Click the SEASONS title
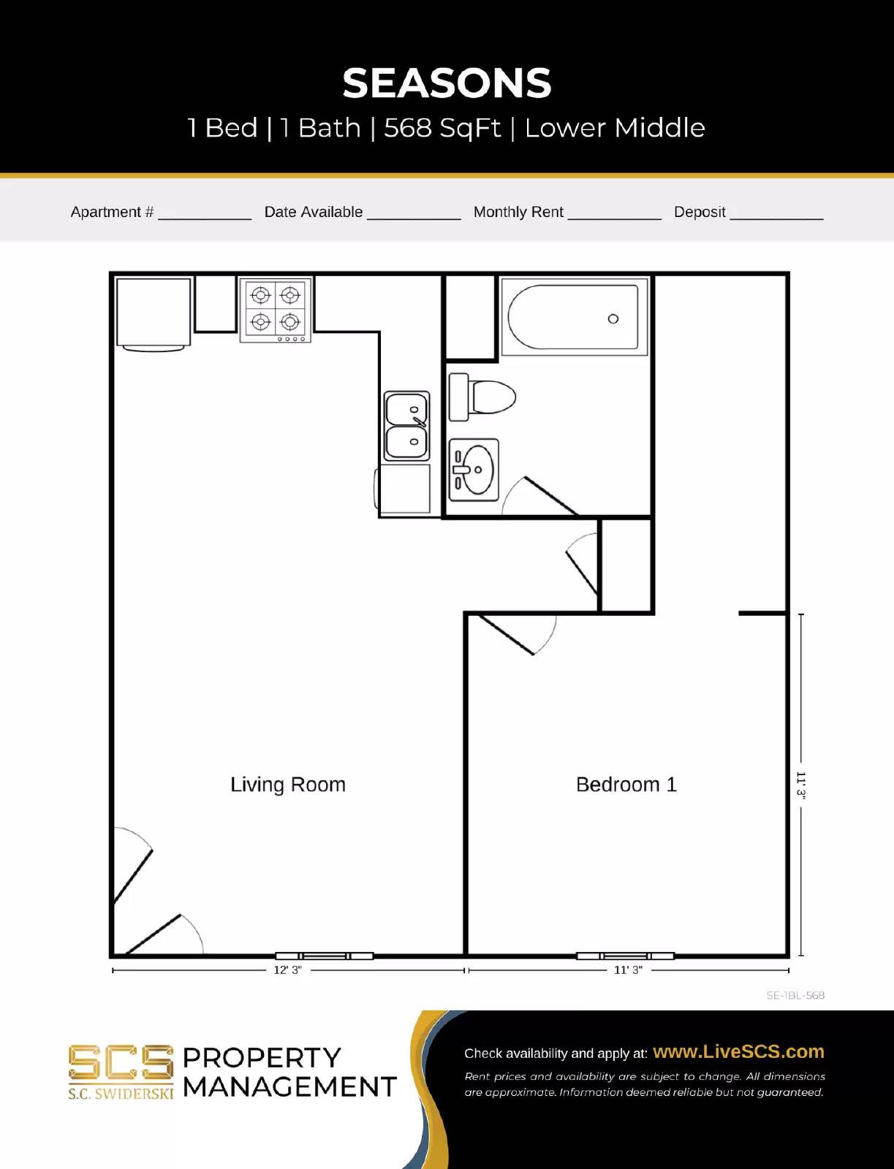pos(447,83)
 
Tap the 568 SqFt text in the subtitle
pos(442,128)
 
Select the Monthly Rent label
pos(518,212)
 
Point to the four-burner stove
pos(276,309)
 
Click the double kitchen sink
pos(407,426)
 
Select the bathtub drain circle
pos(613,319)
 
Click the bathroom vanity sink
pos(474,470)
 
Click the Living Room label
pos(288,785)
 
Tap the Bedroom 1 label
pos(626,785)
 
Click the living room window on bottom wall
pos(324,956)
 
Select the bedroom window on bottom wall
pos(625,956)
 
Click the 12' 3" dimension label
pos(287,970)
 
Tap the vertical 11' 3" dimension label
pos(801,785)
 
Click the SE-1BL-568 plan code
pos(795,995)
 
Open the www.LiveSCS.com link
pos(738,1051)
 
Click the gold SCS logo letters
pos(121,1063)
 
